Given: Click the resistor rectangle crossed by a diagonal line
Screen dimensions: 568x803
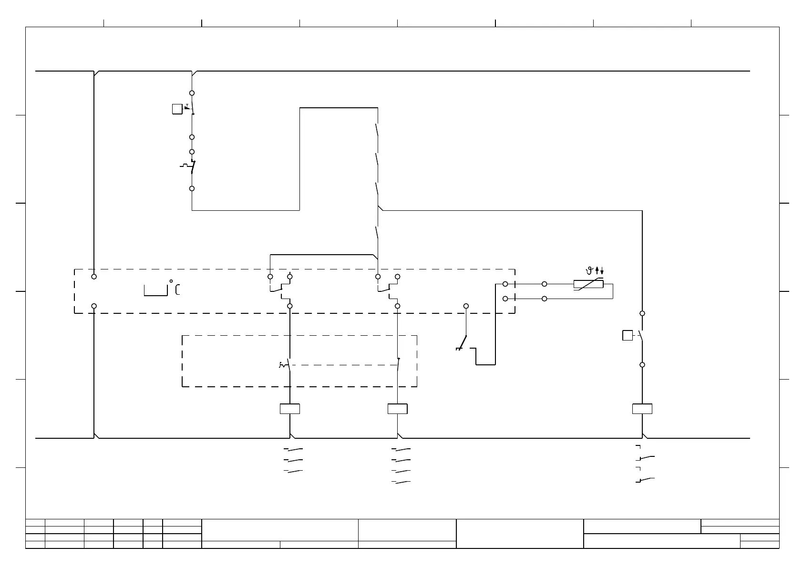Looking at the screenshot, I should click(588, 285).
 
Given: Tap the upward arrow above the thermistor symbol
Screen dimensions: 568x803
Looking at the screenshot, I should click(597, 270).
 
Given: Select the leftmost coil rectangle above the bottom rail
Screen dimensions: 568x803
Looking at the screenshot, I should click(289, 409).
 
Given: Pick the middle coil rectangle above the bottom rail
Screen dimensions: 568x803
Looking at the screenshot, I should click(397, 409).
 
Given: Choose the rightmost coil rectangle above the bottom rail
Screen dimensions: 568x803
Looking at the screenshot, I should click(642, 409).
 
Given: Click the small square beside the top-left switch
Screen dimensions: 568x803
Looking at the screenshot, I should click(177, 109).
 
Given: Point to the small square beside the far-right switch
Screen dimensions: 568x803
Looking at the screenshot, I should click(628, 336).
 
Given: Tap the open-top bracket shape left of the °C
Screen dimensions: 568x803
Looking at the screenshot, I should click(156, 290).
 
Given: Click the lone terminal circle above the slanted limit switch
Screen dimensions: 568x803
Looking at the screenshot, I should click(466, 306).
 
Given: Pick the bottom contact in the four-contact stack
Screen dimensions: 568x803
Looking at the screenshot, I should click(401, 482).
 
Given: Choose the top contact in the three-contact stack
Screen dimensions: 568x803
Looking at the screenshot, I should click(294, 449).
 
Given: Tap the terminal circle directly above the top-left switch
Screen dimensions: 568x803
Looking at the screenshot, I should click(192, 93).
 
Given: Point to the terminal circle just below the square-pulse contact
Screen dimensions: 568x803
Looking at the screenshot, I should click(192, 188).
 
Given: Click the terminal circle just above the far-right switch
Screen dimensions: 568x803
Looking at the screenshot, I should click(642, 313).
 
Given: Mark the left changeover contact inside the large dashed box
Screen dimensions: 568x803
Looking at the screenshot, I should click(281, 289).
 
